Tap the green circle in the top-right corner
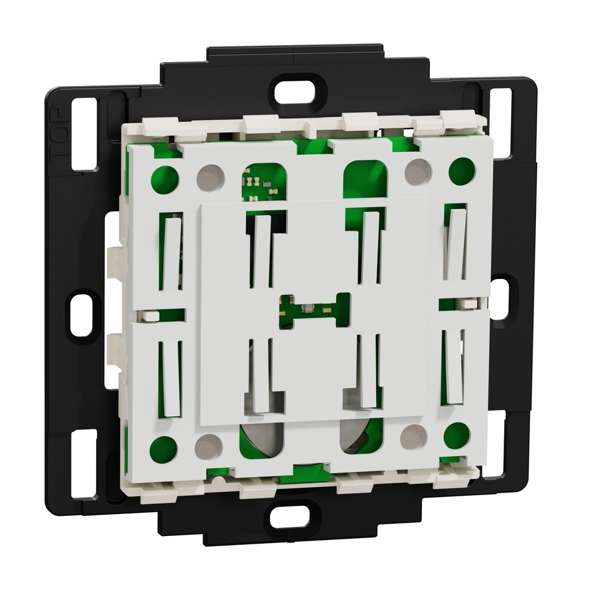[x=462, y=171]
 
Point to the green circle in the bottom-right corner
[x=457, y=435]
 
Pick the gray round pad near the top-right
[x=419, y=171]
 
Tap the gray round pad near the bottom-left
[x=208, y=446]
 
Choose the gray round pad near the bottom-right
[x=414, y=436]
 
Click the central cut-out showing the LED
[x=315, y=310]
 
